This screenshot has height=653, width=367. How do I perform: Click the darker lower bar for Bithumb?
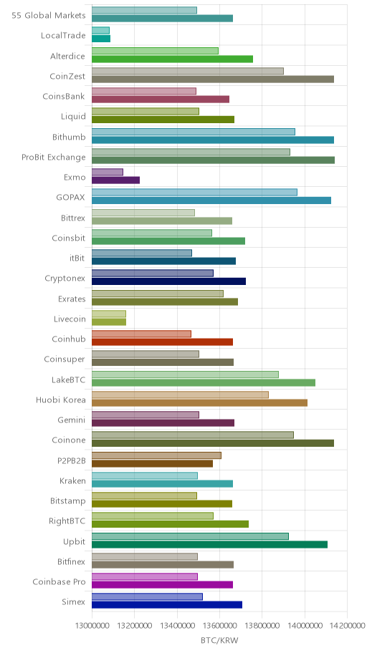coord(213,140)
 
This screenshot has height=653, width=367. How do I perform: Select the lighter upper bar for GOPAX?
coord(194,193)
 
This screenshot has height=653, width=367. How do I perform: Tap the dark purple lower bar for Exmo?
coord(115,180)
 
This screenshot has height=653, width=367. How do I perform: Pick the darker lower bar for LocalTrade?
coord(101,39)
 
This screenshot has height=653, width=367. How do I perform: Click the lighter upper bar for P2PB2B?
coord(156,455)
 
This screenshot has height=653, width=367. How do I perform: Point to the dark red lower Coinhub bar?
coord(162,342)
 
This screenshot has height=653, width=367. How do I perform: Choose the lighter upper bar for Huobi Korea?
coord(180,395)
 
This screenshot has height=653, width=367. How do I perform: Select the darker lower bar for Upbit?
coord(209,544)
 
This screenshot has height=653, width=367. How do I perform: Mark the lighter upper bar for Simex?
coord(147,596)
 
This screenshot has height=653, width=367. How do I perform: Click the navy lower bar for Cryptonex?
coord(168,281)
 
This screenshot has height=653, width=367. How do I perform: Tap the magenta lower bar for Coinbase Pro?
coord(162,585)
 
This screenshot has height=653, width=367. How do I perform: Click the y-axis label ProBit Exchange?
coord(53,158)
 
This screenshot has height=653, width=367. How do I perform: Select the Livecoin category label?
coord(70,319)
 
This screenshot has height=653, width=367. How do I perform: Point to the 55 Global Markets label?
coord(48,16)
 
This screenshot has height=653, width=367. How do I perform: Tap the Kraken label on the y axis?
coord(72,481)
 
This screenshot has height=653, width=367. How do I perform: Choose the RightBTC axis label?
coord(67,521)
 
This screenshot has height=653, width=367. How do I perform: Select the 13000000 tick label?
coord(92,626)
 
